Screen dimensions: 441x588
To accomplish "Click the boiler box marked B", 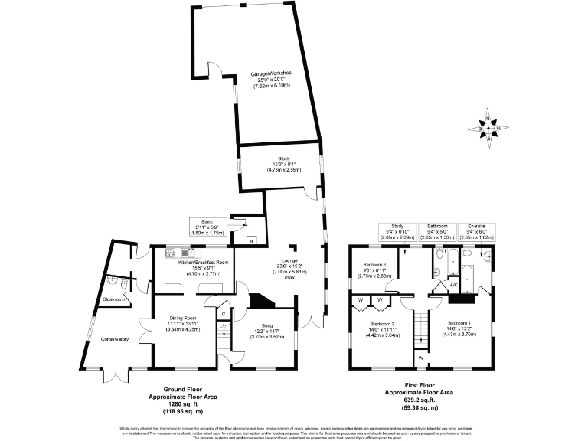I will [252, 240].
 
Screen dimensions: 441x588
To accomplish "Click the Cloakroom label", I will [113, 299].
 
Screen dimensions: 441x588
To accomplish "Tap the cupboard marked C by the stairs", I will [223, 313].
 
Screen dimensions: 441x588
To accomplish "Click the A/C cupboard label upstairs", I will [453, 285].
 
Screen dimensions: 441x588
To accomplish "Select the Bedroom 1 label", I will [463, 322].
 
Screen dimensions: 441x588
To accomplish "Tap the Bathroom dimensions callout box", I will [437, 231].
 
